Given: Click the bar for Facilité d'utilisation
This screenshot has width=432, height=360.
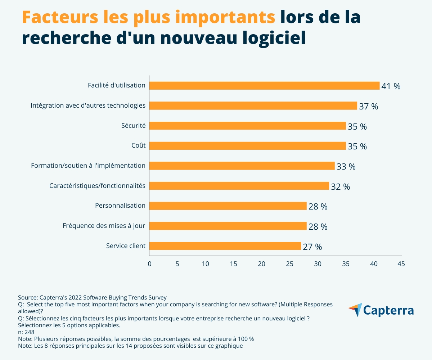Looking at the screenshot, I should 264,86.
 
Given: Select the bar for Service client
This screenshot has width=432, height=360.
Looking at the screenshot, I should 225,246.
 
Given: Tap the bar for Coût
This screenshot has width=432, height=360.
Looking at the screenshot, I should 247,146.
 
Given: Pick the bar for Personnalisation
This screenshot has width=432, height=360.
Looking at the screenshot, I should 228,206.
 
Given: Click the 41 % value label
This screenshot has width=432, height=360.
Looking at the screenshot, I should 391,86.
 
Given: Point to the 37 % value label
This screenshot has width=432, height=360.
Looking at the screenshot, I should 369,107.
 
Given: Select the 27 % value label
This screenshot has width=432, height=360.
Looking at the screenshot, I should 312,247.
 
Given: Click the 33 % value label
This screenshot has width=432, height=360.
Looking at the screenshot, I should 346,167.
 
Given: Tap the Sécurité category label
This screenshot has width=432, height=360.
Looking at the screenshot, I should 134,126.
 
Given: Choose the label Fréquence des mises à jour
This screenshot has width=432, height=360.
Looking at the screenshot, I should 104,226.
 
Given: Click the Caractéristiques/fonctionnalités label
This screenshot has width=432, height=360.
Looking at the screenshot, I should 97,186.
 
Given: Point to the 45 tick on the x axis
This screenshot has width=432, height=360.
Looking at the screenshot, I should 401,264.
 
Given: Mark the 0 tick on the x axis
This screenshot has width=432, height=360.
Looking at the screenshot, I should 149,264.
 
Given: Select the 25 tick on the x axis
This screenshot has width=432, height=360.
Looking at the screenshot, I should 289,264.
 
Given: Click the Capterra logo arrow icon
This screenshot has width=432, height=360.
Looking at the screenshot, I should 355,310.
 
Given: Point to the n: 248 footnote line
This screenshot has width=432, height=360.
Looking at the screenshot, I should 26,332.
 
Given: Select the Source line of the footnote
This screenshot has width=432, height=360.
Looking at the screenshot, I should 92,297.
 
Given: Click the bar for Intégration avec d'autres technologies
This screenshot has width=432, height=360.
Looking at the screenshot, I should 253,106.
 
